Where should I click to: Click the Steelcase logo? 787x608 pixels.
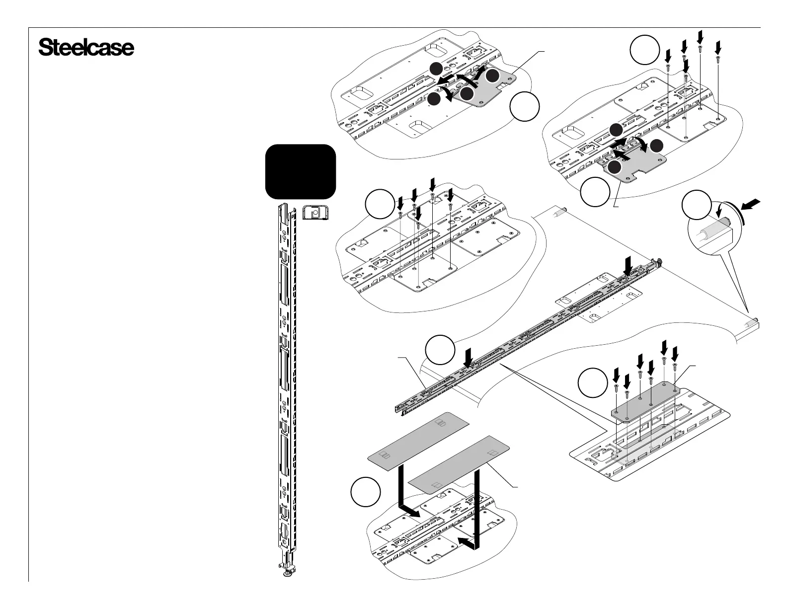pyautogui.click(x=86, y=48)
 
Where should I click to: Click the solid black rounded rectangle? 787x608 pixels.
pyautogui.click(x=301, y=171)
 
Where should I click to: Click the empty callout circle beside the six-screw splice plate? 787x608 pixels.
pyautogui.click(x=593, y=383)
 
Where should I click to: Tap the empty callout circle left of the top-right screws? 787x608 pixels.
pyautogui.click(x=644, y=51)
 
